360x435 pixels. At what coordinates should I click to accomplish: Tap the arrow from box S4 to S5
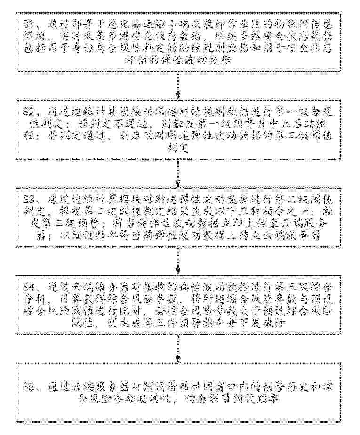pyautogui.click(x=179, y=348)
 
